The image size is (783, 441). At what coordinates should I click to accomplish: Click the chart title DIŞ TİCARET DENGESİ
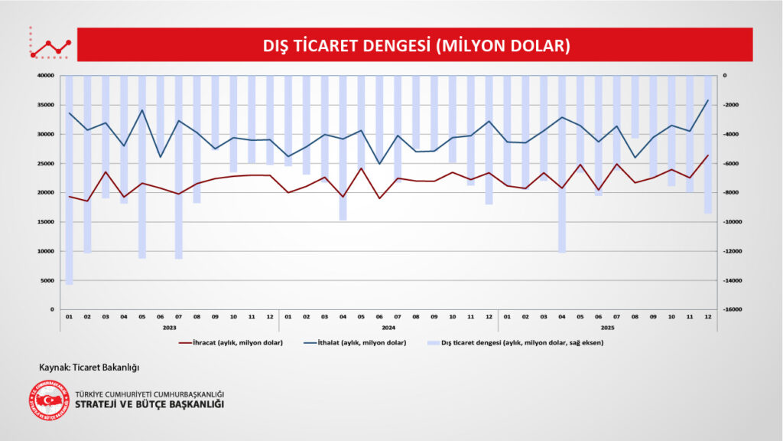click(417, 45)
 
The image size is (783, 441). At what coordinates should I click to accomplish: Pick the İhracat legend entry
click(230, 342)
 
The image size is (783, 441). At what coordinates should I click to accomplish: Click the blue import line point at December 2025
click(708, 100)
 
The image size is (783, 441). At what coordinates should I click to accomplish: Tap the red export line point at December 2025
click(708, 155)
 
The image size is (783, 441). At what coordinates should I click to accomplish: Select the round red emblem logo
click(49, 400)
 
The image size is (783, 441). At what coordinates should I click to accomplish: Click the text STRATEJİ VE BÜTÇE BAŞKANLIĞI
click(150, 405)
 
